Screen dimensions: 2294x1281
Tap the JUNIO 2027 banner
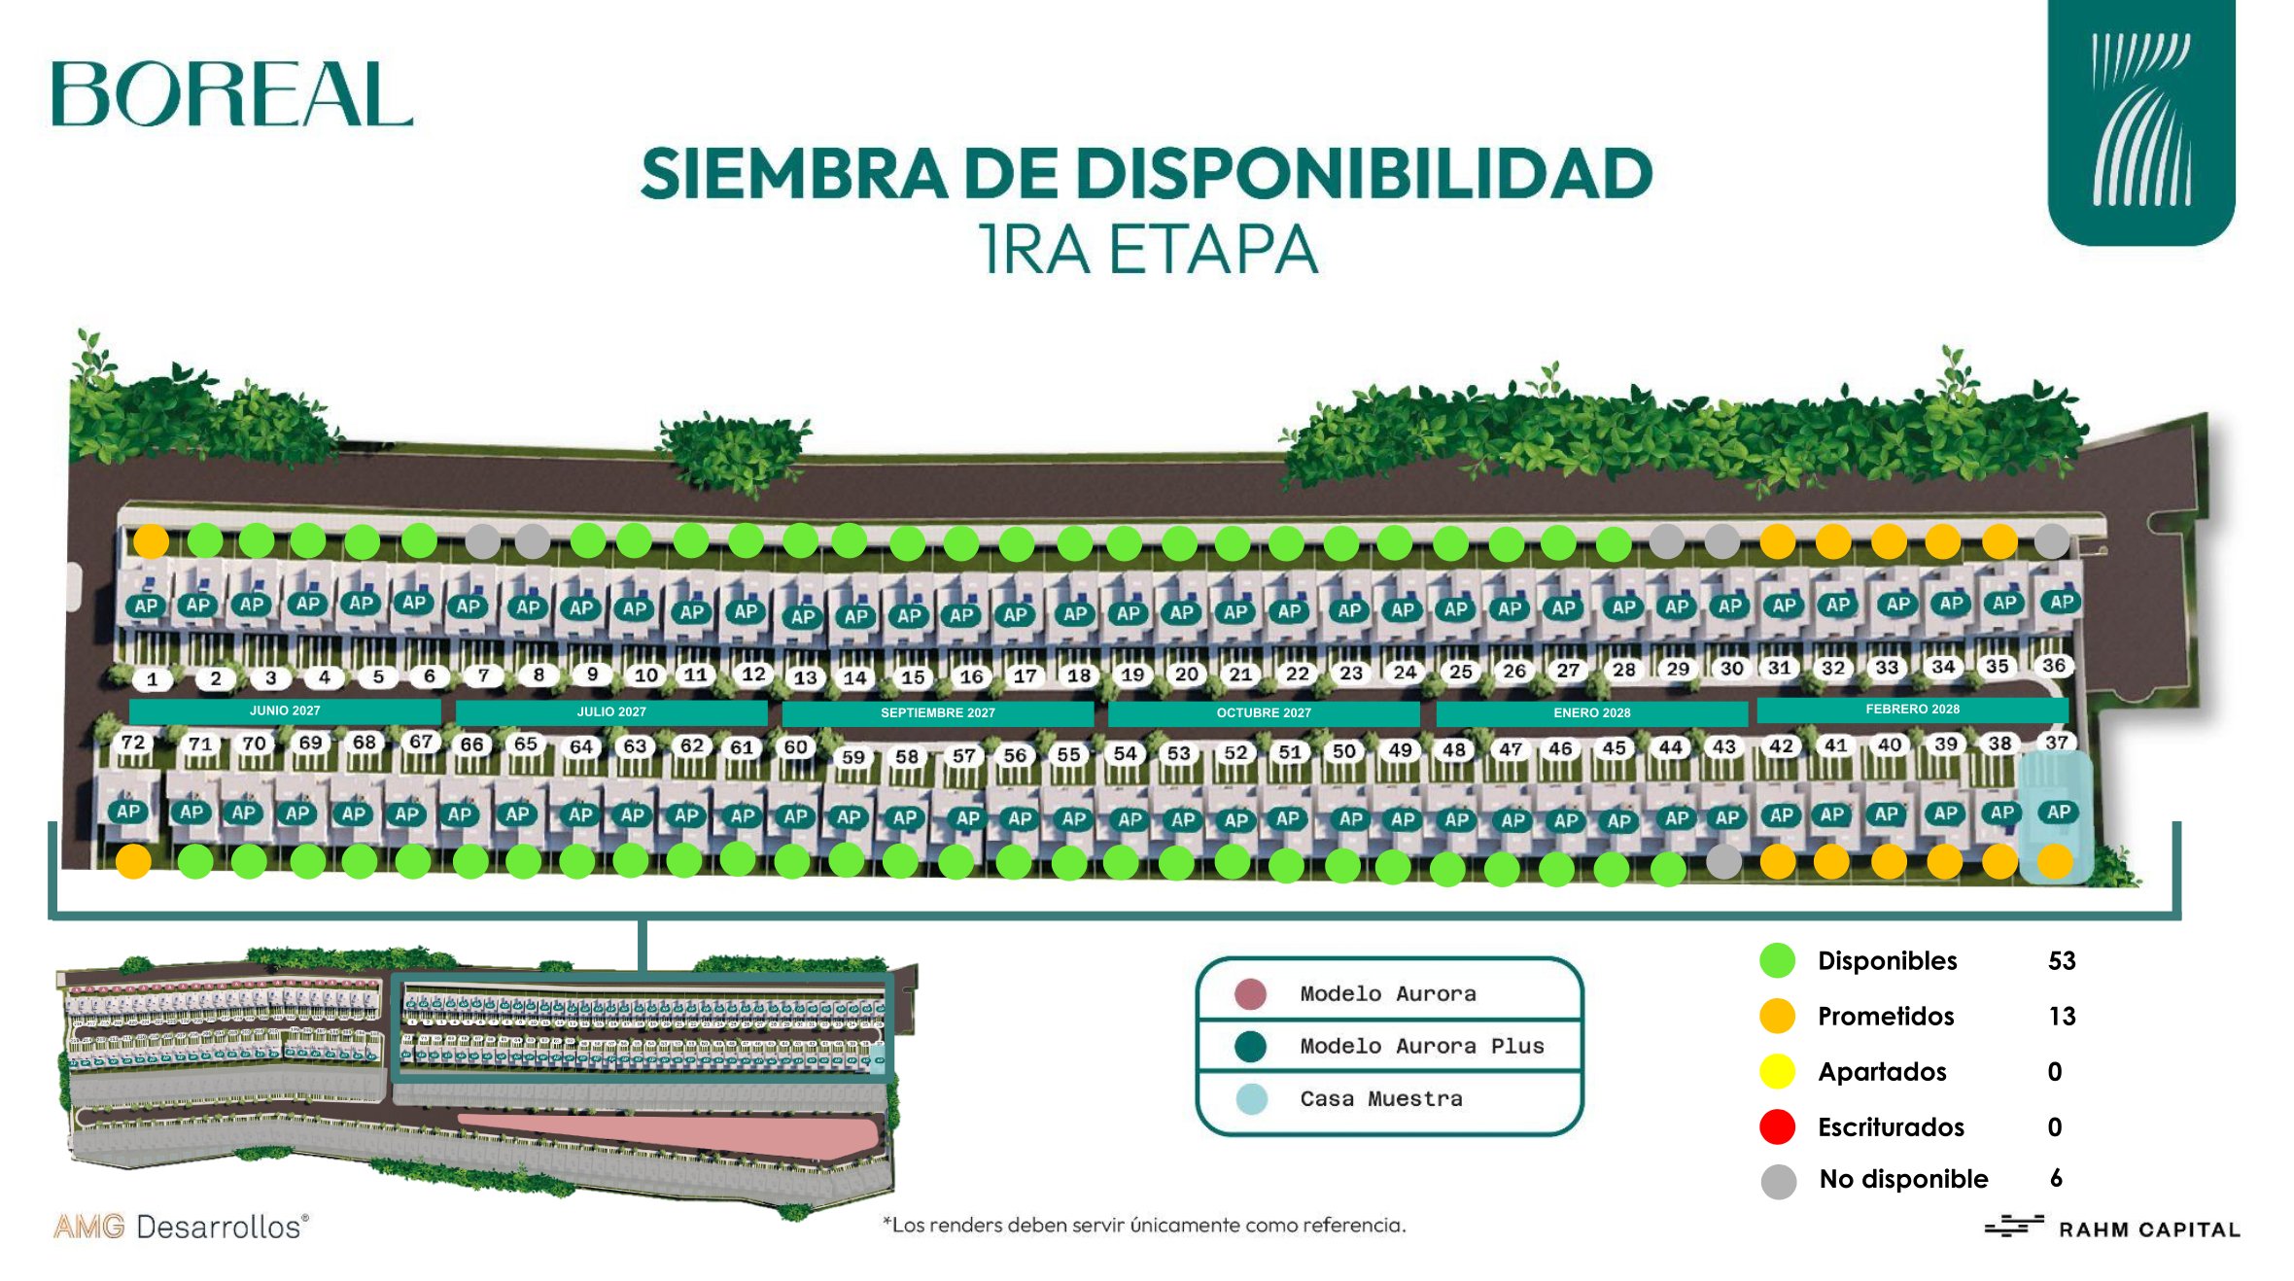tap(284, 710)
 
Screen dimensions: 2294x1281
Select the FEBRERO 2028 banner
tap(1911, 710)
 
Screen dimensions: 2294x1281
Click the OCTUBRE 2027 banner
tap(1263, 712)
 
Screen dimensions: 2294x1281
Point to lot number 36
tap(2053, 666)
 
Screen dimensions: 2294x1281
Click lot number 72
tap(133, 743)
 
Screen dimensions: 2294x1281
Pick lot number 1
tap(152, 679)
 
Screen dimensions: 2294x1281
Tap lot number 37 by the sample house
tap(2056, 743)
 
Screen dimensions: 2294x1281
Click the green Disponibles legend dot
tap(1777, 960)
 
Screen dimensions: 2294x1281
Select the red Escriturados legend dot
tap(1777, 1126)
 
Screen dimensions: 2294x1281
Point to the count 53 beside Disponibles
tap(2061, 961)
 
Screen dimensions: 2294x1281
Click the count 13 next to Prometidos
tap(2061, 1017)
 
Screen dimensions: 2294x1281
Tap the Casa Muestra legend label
tap(1380, 1099)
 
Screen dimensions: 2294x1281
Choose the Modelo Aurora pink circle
tap(1250, 993)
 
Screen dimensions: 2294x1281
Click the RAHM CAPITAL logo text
tap(2148, 1229)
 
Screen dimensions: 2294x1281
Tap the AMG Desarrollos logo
tap(181, 1227)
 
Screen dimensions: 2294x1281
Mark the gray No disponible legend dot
tap(1778, 1181)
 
